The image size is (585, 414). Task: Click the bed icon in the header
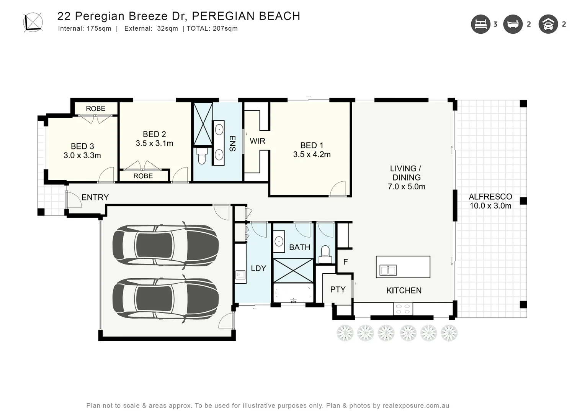(480, 24)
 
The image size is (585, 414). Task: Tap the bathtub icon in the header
(513, 24)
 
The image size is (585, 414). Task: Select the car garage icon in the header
(548, 24)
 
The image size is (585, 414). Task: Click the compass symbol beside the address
(33, 22)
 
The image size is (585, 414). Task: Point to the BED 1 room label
(312, 145)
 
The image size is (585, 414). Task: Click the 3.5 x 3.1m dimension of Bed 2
(154, 143)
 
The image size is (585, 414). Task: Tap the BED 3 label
(82, 146)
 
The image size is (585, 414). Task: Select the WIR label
(257, 141)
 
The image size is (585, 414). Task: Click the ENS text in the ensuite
(232, 143)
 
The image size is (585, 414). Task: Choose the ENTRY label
(95, 197)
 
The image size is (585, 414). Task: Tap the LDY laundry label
(258, 268)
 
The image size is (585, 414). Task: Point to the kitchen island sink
(388, 270)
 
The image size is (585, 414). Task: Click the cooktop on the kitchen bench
(403, 309)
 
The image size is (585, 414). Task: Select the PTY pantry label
(338, 289)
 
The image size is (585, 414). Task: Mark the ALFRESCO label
(490, 197)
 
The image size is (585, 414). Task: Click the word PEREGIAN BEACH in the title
(245, 16)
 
